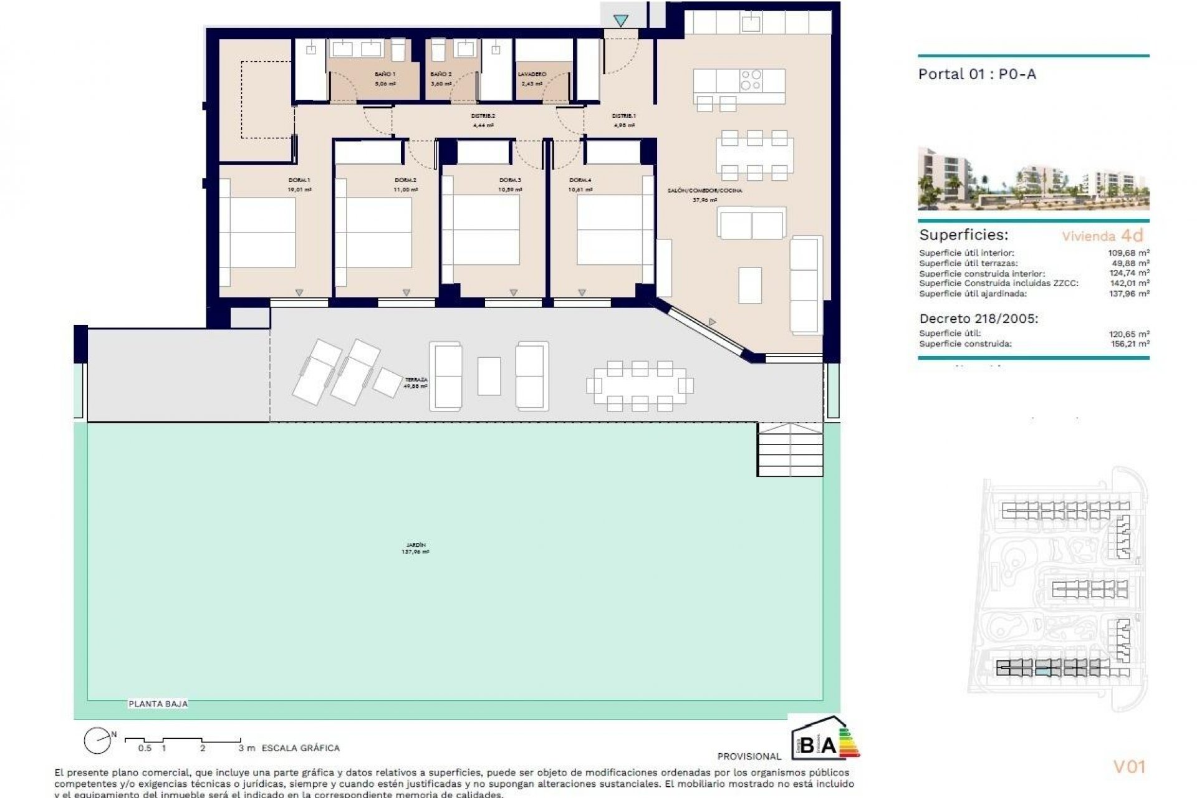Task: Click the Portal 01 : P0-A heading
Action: click(x=977, y=74)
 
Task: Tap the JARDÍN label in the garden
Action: click(x=415, y=548)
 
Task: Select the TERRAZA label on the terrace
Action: click(x=416, y=383)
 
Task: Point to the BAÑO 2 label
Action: click(x=441, y=78)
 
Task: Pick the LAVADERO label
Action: click(x=532, y=78)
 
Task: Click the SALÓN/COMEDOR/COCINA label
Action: click(x=704, y=195)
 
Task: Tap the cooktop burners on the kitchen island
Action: click(x=751, y=80)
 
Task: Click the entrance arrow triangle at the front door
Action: click(x=620, y=21)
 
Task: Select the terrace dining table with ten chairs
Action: click(x=640, y=385)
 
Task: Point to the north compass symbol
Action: click(x=98, y=741)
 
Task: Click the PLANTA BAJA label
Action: click(x=158, y=704)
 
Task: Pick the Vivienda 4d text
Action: click(x=1103, y=236)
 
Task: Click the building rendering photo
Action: click(x=1033, y=179)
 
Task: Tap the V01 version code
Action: click(x=1129, y=767)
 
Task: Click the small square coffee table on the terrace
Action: click(x=489, y=376)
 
